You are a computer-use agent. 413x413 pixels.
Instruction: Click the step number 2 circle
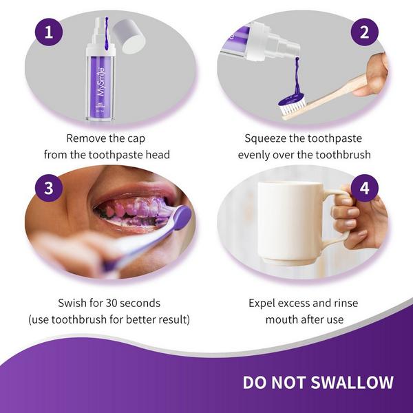tap(364, 32)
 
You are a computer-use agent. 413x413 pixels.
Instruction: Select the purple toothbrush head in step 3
tap(181, 219)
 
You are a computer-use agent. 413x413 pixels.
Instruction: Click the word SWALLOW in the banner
tap(354, 383)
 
